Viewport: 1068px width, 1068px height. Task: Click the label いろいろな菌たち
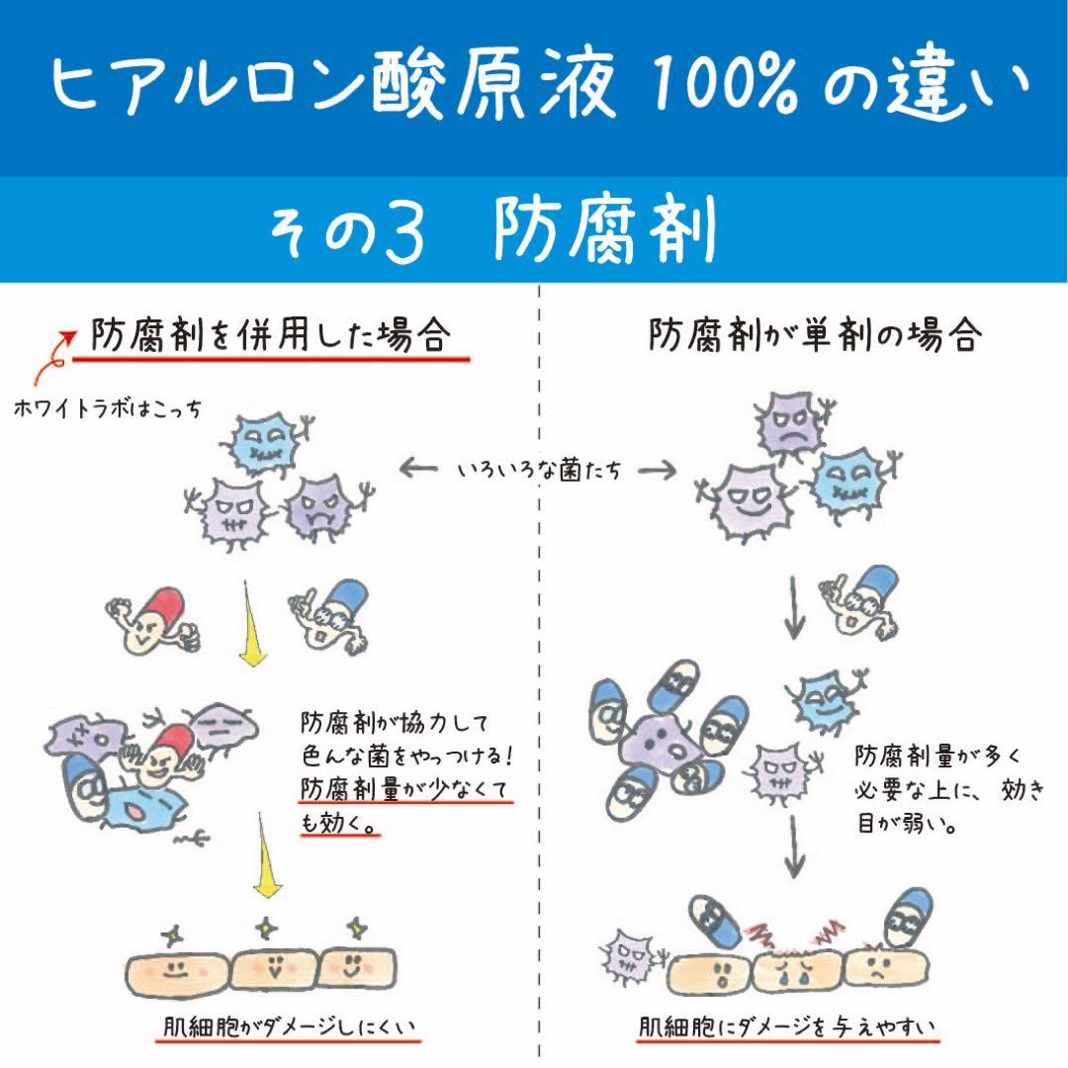pyautogui.click(x=539, y=472)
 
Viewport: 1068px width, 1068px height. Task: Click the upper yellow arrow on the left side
pyautogui.click(x=254, y=623)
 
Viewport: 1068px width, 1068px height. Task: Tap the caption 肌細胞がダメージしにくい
pyautogui.click(x=291, y=1028)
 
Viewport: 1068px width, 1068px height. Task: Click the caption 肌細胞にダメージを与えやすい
pyautogui.click(x=786, y=1028)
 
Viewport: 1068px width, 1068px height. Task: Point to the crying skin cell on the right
pyautogui.click(x=796, y=969)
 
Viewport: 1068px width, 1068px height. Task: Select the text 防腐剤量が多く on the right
pyautogui.click(x=930, y=758)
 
